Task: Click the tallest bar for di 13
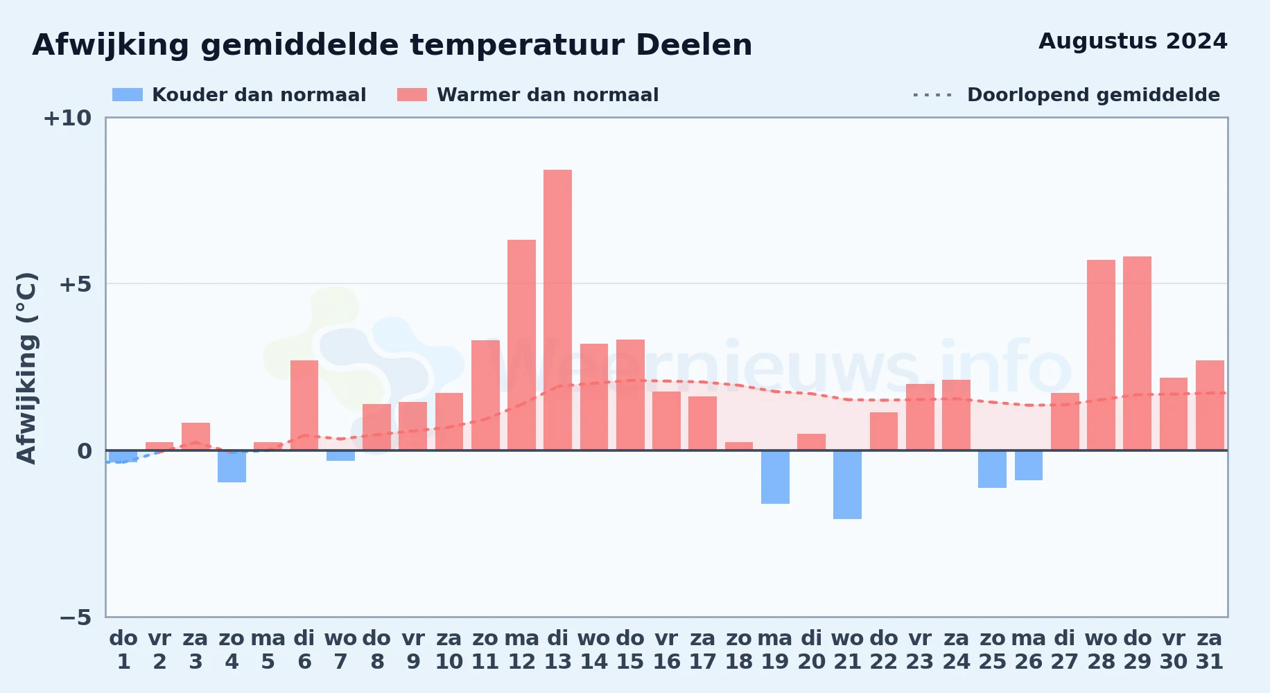[557, 310]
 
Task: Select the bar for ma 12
[521, 345]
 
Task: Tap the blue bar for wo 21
[847, 484]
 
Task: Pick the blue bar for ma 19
[775, 477]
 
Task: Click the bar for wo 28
[1101, 355]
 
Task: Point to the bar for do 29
[1137, 353]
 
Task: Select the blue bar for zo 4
[232, 466]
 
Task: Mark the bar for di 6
[304, 405]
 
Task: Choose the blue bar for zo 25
[992, 469]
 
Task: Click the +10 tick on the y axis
[67, 119]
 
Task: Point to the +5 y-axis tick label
[75, 284]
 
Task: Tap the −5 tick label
[75, 617]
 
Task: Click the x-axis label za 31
[1210, 650]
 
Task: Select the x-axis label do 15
[630, 650]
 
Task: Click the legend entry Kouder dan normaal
[239, 95]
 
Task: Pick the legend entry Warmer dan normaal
[528, 95]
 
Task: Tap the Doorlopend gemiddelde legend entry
[1066, 95]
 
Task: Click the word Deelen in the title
[694, 45]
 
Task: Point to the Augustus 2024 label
[1133, 42]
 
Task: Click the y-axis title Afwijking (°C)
[26, 368]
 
